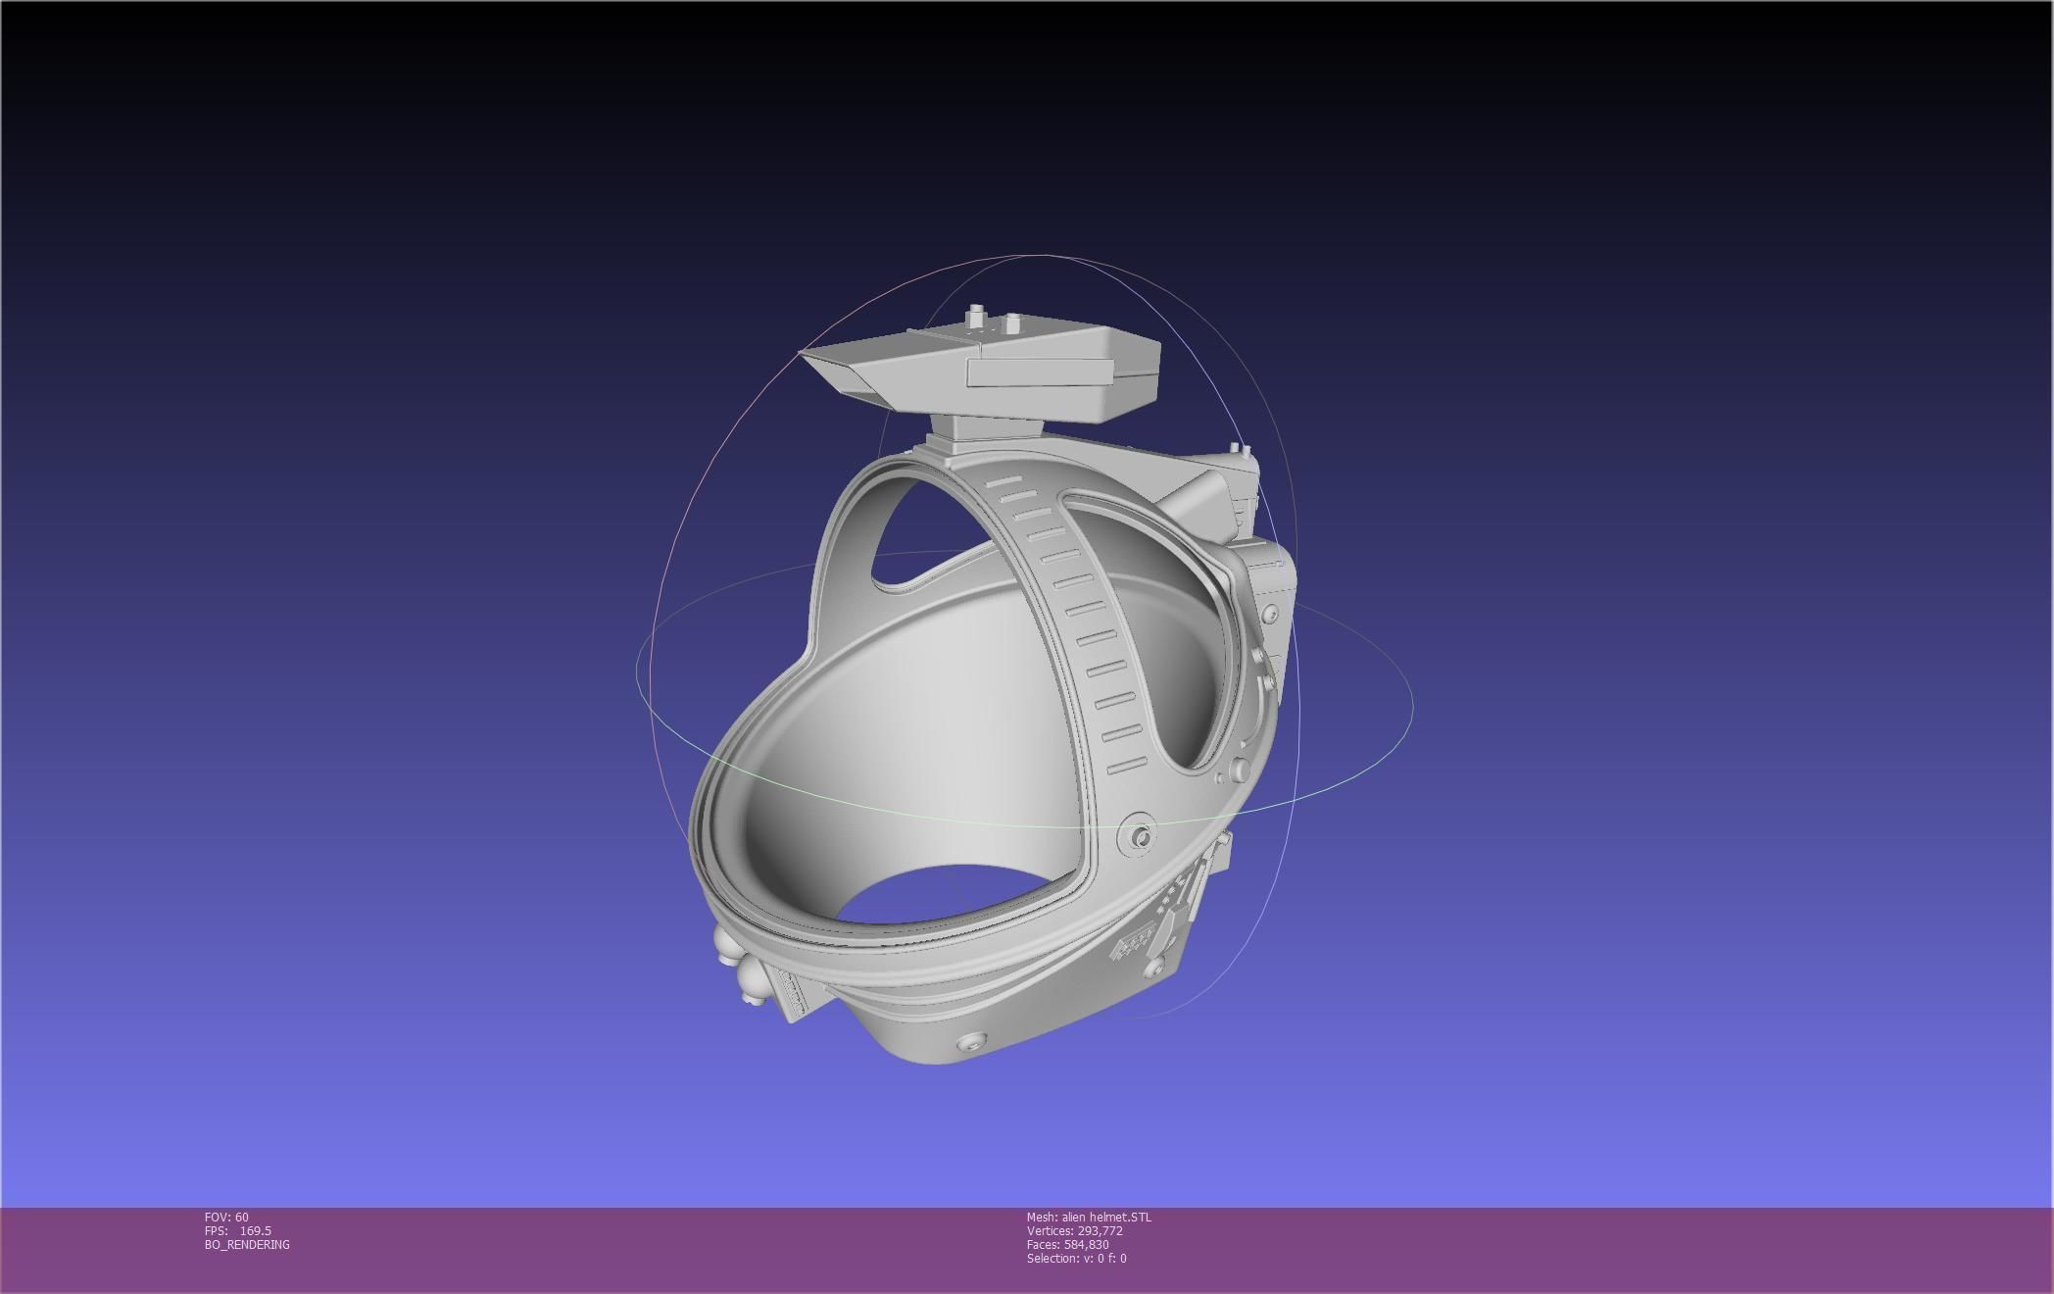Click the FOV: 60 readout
pyautogui.click(x=226, y=1217)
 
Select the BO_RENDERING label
pyautogui.click(x=247, y=1244)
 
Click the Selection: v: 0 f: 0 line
pyautogui.click(x=1076, y=1258)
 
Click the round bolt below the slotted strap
pyautogui.click(x=1140, y=837)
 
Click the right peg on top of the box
pyautogui.click(x=1010, y=321)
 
